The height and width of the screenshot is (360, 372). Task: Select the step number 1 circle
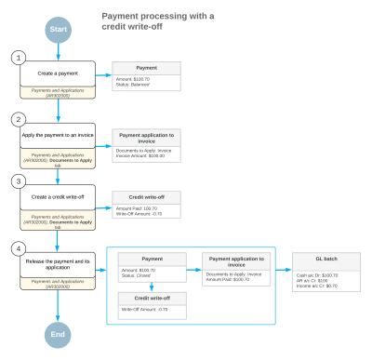point(16,59)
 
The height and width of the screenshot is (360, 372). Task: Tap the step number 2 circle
point(16,120)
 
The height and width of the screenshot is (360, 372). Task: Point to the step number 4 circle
point(16,248)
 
